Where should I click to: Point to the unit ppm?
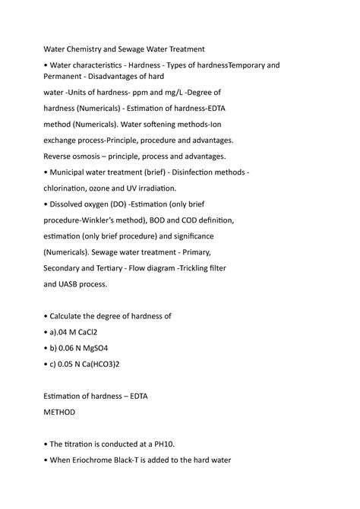click(x=141, y=93)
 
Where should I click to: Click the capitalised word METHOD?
click(x=60, y=413)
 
